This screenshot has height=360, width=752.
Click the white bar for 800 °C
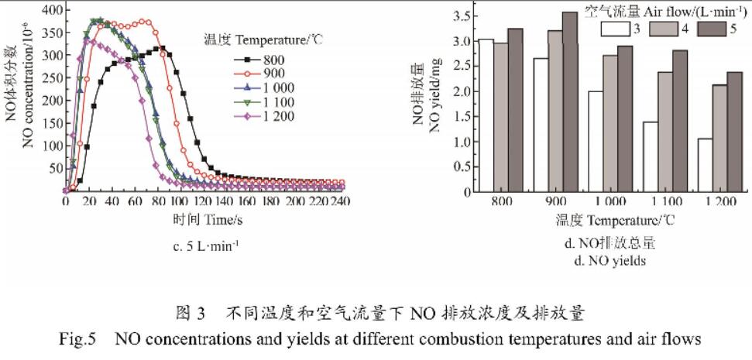[486, 115]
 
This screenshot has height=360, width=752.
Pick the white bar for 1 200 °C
[706, 164]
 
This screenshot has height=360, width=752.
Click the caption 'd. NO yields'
[609, 261]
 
